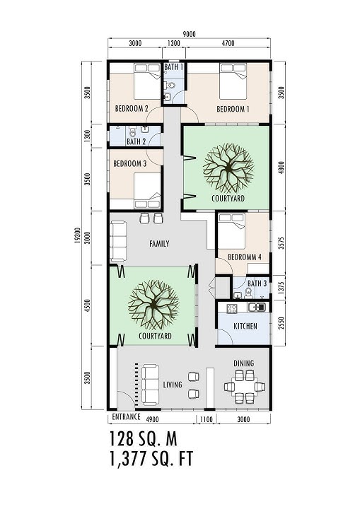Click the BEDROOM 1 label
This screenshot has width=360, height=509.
point(233,109)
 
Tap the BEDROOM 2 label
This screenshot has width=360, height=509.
point(132,109)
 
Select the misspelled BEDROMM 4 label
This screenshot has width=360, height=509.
point(240,257)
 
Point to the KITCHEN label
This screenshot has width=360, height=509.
point(244,327)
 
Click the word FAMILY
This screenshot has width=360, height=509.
point(159,243)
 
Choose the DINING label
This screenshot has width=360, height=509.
point(244,363)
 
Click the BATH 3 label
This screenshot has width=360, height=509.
point(257,283)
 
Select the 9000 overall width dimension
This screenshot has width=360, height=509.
point(189,33)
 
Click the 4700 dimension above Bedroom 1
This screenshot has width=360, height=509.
point(228,44)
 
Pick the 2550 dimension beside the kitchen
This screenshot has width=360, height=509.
point(281,323)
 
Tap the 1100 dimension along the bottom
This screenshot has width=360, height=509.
point(207,420)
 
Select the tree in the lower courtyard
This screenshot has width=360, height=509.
point(151,305)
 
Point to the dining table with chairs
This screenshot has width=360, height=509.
point(244,387)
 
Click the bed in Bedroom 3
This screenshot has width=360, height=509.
point(147,190)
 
